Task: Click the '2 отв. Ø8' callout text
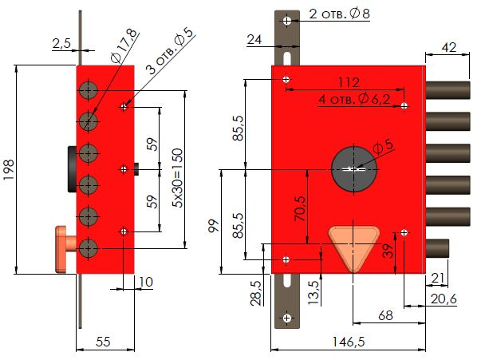click(x=340, y=14)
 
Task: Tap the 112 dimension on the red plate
click(x=349, y=82)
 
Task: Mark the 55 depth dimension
click(x=104, y=341)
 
